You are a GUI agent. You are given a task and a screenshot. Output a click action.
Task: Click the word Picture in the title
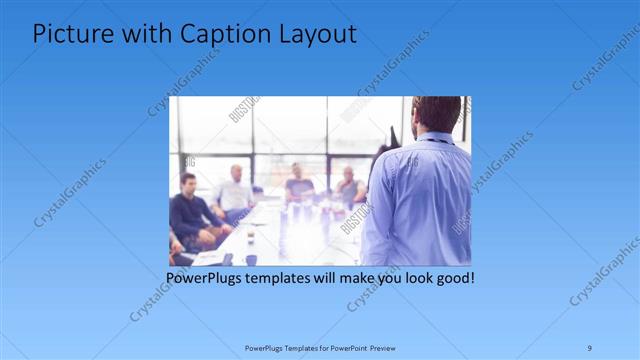click(67, 34)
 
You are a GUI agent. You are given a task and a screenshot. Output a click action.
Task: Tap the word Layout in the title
click(311, 34)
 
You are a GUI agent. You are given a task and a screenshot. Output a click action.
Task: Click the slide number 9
click(590, 348)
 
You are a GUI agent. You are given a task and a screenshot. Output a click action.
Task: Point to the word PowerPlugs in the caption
click(205, 276)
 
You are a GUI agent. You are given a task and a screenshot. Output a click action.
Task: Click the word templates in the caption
click(281, 276)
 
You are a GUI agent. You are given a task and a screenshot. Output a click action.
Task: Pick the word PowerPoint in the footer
click(345, 348)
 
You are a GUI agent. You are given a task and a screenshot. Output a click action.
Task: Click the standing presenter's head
click(437, 115)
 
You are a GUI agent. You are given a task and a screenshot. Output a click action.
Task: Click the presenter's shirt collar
click(437, 140)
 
